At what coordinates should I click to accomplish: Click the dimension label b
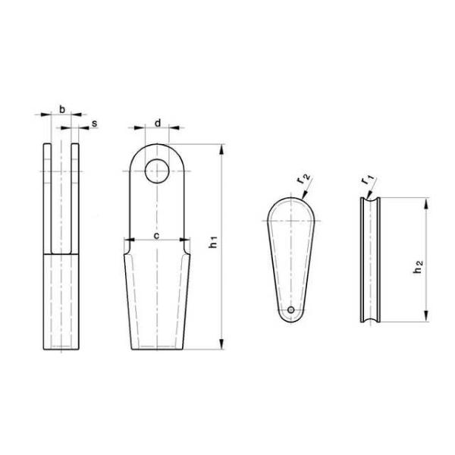pyautogui.click(x=61, y=109)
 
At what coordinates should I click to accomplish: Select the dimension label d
pyautogui.click(x=157, y=121)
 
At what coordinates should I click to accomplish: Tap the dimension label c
pyautogui.click(x=156, y=236)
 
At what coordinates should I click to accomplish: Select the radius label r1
pyautogui.click(x=369, y=180)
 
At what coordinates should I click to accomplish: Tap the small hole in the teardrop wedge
pyautogui.click(x=291, y=309)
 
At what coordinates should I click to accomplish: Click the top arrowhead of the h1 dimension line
pyautogui.click(x=221, y=149)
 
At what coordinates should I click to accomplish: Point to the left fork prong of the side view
pyautogui.click(x=47, y=197)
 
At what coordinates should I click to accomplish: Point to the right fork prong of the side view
pyautogui.click(x=76, y=197)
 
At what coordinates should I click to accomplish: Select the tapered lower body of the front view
pyautogui.click(x=157, y=300)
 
